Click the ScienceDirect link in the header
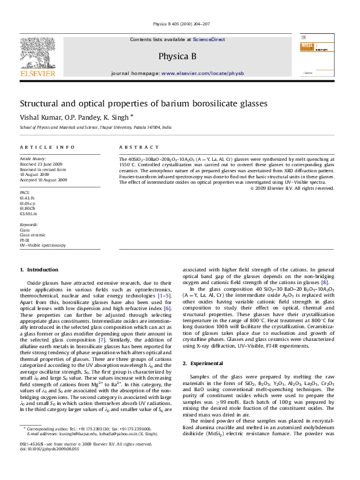pos(209,39)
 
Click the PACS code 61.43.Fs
pos(27,198)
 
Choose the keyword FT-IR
pos(25,240)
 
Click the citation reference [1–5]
pos(165,296)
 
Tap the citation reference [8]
pos(324,282)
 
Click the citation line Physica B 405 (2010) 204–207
pos(180,24)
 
